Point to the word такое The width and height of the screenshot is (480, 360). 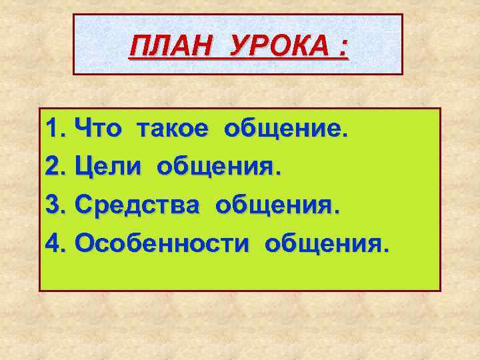[x=176, y=127]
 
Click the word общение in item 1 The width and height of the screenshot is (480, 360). [x=285, y=127]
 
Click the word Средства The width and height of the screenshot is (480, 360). [x=137, y=205]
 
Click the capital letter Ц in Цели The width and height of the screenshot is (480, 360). [x=84, y=165]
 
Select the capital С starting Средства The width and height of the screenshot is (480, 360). [x=83, y=205]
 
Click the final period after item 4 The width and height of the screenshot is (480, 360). [x=382, y=251]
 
